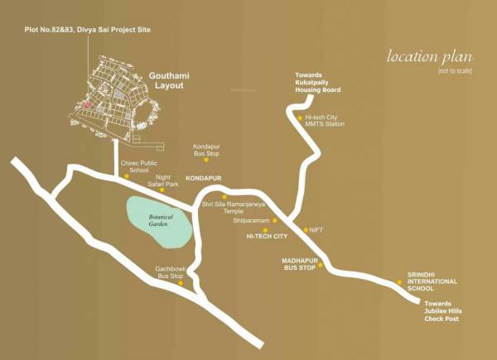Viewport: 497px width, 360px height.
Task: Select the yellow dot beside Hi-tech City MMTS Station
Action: (299, 118)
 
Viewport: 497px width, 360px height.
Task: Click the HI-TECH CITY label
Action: (267, 236)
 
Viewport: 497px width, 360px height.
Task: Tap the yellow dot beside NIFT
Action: (304, 229)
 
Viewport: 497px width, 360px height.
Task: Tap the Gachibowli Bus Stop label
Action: (171, 272)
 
